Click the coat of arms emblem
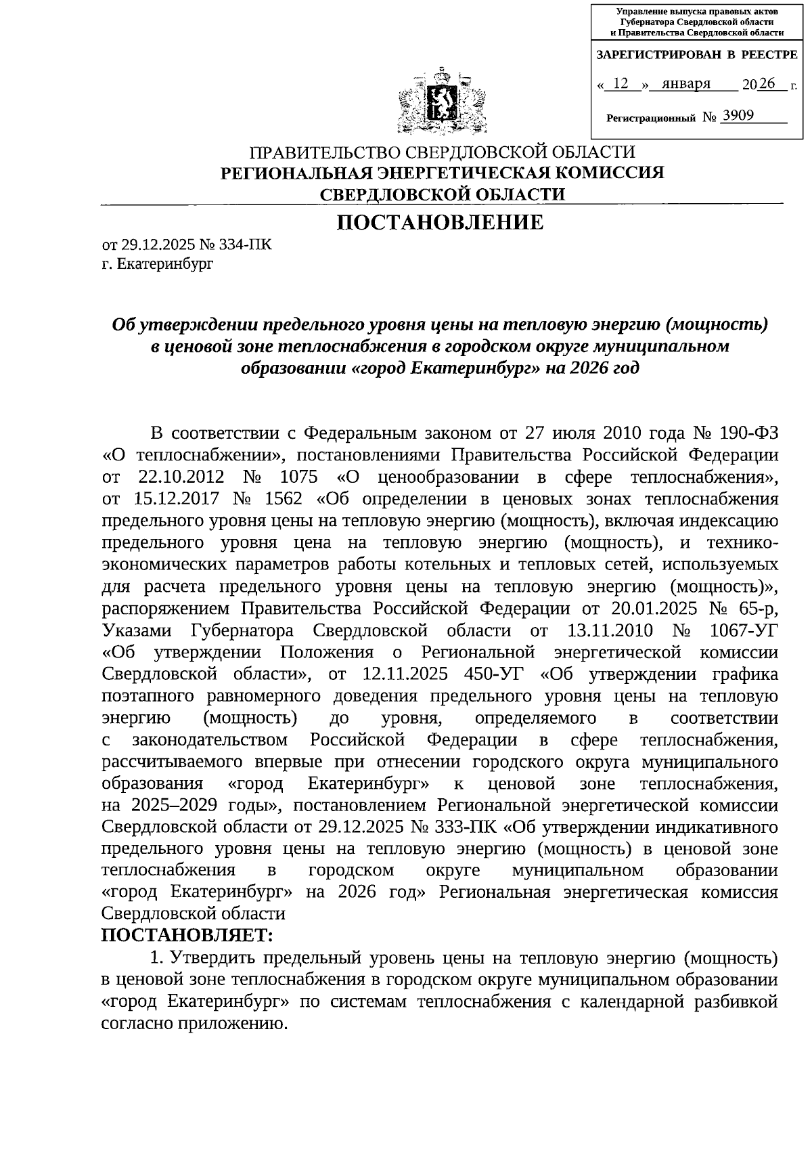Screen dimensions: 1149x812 pyautogui.click(x=441, y=101)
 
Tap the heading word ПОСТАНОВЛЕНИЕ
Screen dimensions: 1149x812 pyautogui.click(x=441, y=222)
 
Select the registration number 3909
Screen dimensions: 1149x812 pyautogui.click(x=738, y=116)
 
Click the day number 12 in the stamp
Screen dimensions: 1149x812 pyautogui.click(x=621, y=83)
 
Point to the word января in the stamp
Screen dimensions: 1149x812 pyautogui.click(x=686, y=83)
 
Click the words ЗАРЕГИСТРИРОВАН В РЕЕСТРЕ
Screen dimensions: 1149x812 pyautogui.click(x=696, y=54)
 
